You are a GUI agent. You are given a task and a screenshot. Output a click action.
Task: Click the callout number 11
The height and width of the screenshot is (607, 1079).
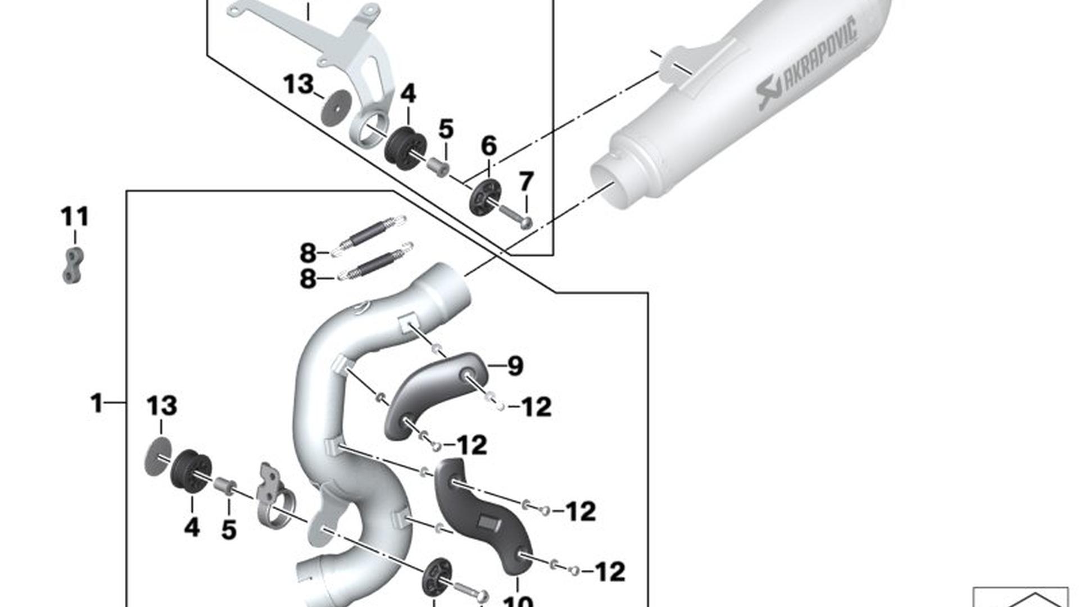pos(75,217)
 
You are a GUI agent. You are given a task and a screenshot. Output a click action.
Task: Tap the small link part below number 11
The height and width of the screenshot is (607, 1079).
pos(73,265)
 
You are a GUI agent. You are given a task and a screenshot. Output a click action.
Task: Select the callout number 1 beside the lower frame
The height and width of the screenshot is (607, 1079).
pos(97,403)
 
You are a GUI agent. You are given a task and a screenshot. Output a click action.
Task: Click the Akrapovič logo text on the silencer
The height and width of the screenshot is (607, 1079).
pos(808,65)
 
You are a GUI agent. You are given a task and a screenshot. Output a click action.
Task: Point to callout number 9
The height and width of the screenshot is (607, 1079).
pos(515,366)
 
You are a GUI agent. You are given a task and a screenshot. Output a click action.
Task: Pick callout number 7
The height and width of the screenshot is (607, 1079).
pos(526,182)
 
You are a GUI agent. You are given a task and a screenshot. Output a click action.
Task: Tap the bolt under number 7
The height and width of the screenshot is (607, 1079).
pos(514,217)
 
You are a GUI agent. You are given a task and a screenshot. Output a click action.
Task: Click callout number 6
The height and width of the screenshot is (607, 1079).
pos(489,146)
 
